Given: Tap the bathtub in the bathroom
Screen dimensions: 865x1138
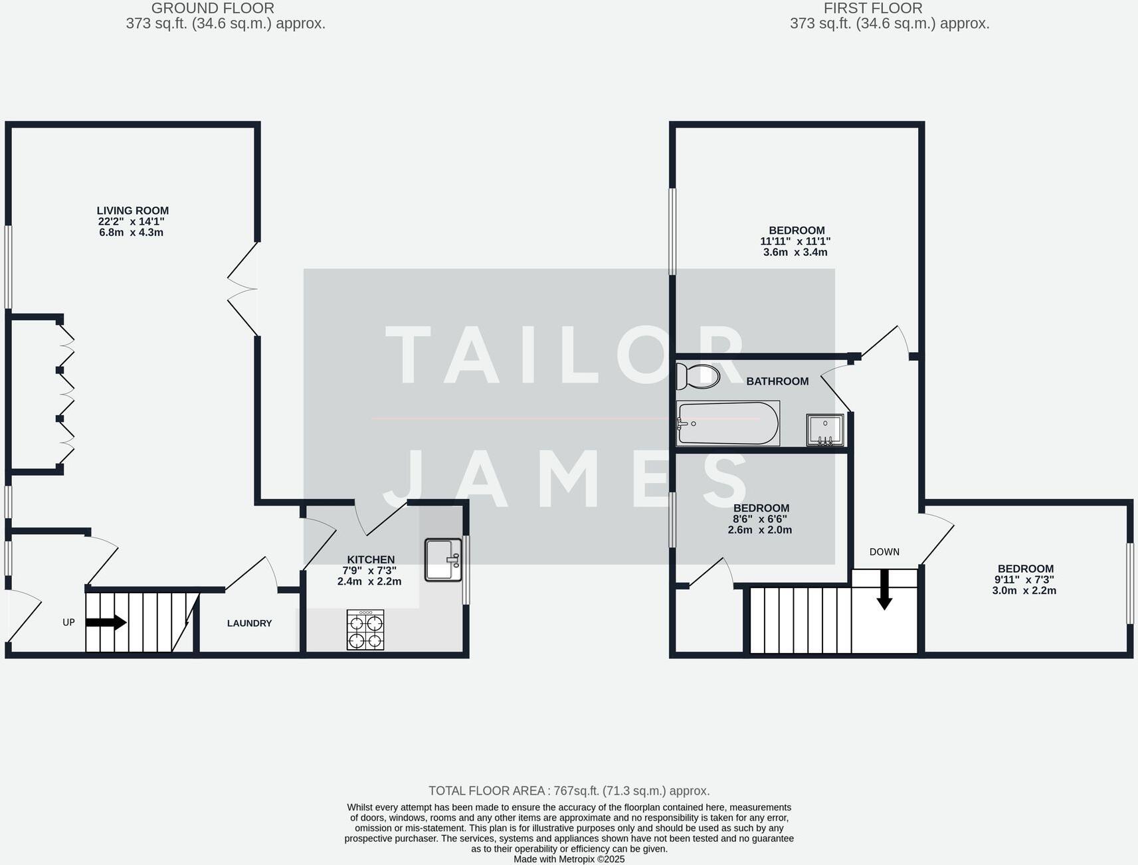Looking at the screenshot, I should pos(727,423).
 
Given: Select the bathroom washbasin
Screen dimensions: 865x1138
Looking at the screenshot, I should pos(825,430).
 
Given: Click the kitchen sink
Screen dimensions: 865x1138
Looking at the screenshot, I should pos(442,559).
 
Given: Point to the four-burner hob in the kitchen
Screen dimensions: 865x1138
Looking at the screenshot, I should pos(365,629).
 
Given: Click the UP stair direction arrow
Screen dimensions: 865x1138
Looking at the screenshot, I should pos(106,623).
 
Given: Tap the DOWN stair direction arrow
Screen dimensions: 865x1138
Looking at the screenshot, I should pos(884,590).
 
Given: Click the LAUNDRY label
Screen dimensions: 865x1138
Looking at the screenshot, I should pos(249,623).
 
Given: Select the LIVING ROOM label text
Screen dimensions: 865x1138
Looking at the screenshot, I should pos(133,211).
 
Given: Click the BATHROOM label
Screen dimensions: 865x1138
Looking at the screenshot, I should pos(777,381).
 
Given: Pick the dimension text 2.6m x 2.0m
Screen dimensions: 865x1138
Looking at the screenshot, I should pos(760,529).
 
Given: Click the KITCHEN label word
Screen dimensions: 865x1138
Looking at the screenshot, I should pos(371,559).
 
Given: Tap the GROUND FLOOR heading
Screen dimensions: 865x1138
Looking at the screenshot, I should pos(213,9).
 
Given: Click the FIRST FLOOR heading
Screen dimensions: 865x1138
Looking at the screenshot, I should pos(873,9).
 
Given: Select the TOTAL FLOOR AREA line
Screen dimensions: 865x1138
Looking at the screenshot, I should pos(569,791).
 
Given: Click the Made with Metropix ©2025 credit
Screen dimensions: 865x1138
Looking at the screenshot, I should pos(569,859).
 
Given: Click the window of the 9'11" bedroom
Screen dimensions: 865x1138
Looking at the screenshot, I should pos(1129,583).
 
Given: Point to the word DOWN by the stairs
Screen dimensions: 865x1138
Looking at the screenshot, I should pos(884,552).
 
